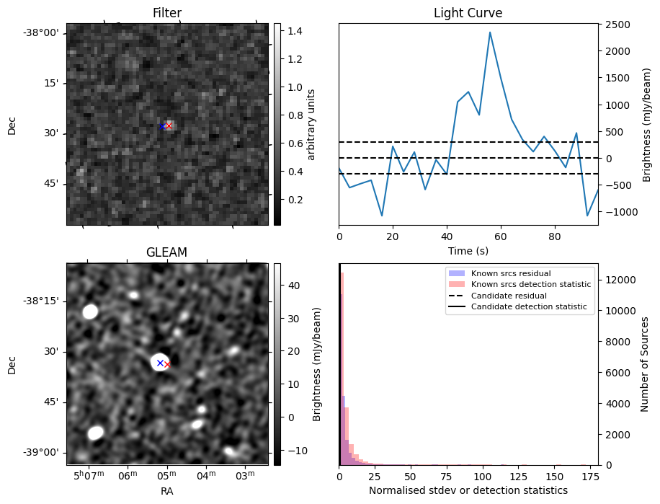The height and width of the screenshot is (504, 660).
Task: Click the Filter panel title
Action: point(167,13)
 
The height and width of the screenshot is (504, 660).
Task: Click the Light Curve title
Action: point(468,13)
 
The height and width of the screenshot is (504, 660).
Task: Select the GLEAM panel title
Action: point(166,252)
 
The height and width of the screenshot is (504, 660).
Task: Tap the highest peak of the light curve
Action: point(490,32)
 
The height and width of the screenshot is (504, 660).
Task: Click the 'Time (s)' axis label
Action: point(468,250)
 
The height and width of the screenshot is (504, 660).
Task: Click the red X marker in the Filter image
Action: point(169,126)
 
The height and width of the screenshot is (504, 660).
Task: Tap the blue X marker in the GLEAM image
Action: point(160,363)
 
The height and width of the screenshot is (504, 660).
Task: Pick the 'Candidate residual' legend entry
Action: point(509,296)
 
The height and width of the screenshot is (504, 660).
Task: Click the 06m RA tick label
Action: point(128,475)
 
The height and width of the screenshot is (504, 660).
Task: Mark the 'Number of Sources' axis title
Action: point(646,364)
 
